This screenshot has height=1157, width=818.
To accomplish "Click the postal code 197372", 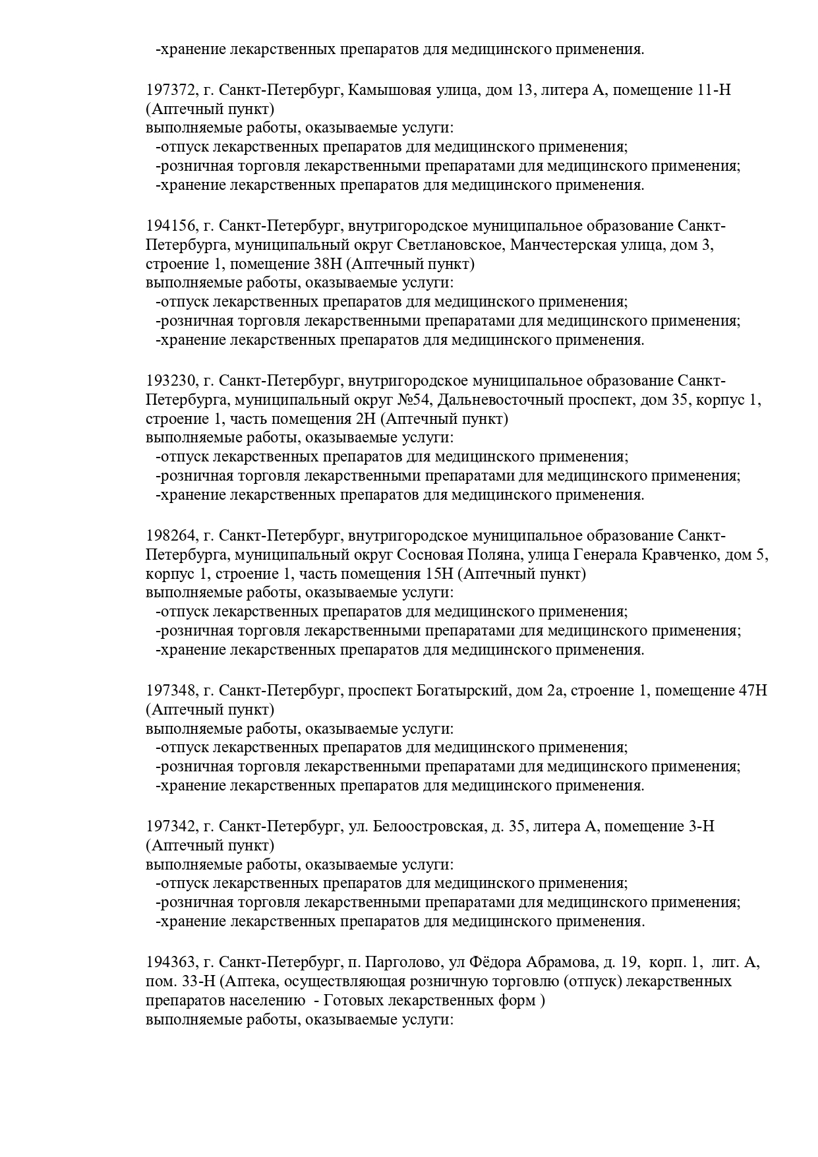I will pyautogui.click(x=170, y=90).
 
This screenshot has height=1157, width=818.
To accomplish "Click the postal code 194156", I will pyautogui.click(x=170, y=226).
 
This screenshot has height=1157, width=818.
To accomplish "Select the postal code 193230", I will pyautogui.click(x=170, y=381).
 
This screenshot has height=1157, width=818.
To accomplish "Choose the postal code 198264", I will pyautogui.click(x=170, y=536).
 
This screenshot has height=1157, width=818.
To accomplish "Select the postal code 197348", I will pyautogui.click(x=170, y=691).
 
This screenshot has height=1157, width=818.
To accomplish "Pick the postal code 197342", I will pyautogui.click(x=170, y=827).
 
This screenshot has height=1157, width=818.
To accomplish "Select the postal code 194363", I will pyautogui.click(x=170, y=963).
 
